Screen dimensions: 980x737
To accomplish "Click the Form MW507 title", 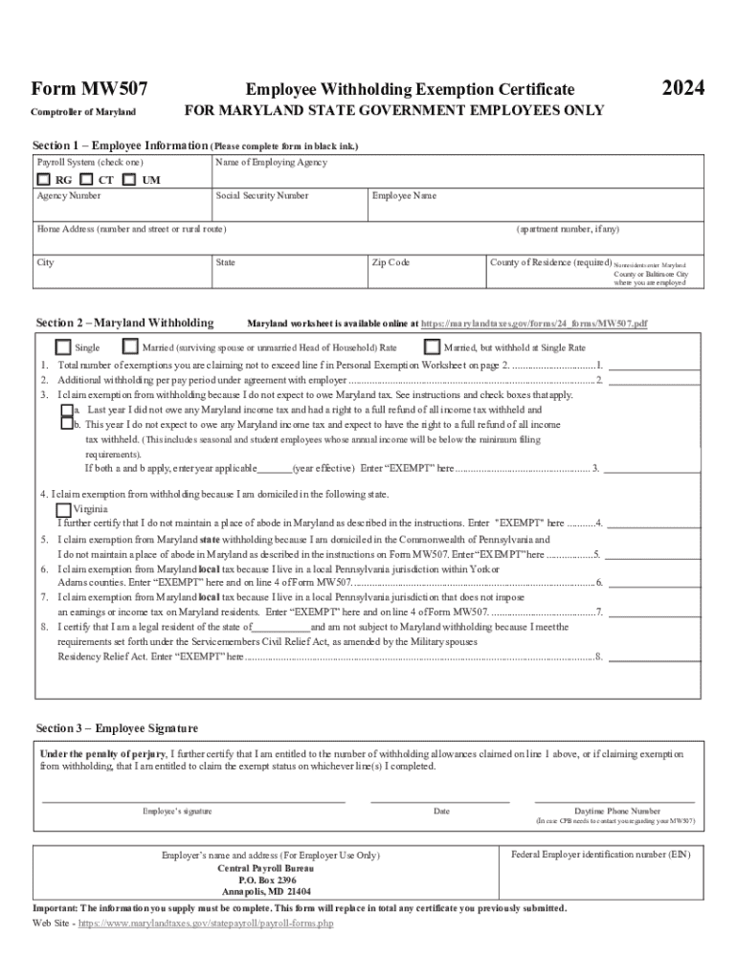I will coord(89,89).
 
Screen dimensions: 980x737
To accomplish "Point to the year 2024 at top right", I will coord(683,89).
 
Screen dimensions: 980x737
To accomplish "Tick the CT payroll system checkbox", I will coord(86,179).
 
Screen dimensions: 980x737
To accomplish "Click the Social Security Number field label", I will coord(262,196).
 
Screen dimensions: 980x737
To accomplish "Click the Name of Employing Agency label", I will coord(272,163).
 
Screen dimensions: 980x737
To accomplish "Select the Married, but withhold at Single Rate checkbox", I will coord(432,347).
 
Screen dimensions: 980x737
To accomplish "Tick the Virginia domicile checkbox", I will coord(63,509).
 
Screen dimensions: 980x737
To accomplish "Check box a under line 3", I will coord(67,410).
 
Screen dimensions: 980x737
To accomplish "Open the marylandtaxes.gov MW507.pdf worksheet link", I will coord(534,324).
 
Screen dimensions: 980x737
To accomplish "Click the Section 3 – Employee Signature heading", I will coord(117,728).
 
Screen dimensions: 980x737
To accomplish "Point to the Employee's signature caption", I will coord(177,812).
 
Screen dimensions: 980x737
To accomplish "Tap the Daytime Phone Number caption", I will coord(616,811).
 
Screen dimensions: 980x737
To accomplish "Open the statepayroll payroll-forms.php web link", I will coord(205,924).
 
